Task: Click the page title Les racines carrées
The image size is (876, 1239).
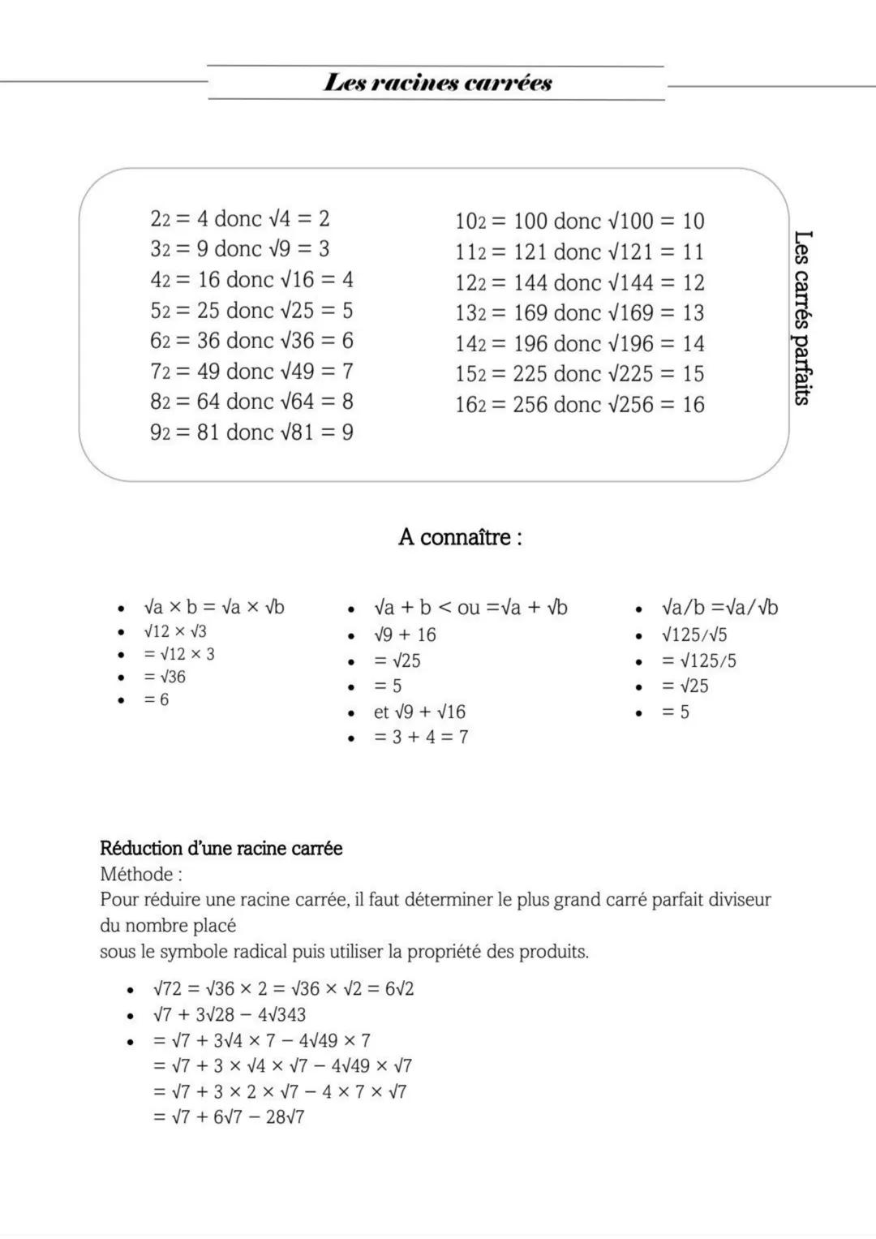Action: coord(437,83)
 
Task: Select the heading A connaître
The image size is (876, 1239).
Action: coord(459,537)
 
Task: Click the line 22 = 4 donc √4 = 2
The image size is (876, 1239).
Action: coord(240,218)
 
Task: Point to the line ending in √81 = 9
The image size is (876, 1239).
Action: coord(251,432)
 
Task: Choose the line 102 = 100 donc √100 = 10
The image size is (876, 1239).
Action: coord(579,221)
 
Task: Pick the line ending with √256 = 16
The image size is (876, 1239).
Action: coord(579,404)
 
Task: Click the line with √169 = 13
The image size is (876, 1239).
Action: coord(579,312)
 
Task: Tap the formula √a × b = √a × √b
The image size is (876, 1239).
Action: coord(214,607)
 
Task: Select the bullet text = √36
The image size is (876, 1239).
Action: coord(165,677)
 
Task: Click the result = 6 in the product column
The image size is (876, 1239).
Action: coord(157,699)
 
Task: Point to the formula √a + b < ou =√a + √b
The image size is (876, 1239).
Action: coord(470,607)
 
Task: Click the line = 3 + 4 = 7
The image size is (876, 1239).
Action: coord(421,737)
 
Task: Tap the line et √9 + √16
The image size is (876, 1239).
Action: coord(419,712)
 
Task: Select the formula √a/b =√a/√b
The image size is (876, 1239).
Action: coord(719,607)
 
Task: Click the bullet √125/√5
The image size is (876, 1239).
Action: coord(694,635)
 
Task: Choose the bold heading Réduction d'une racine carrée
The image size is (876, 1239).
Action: coord(221,848)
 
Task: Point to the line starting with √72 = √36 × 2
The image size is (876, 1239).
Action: coord(283,988)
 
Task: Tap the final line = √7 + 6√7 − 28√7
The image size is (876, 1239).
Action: coord(229,1116)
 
